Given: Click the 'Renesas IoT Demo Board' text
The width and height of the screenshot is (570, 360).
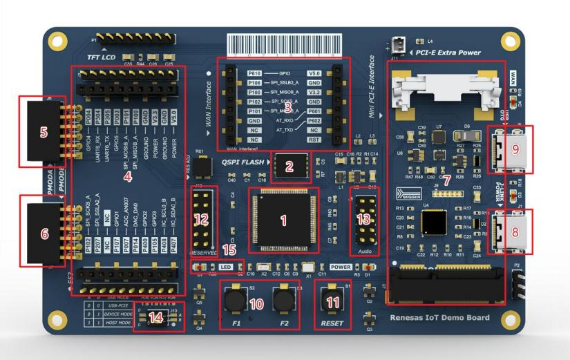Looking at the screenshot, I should pos(439,318).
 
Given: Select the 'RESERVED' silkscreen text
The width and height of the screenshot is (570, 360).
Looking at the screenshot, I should pos(203,254).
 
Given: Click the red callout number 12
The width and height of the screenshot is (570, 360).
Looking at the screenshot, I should pos(202,219).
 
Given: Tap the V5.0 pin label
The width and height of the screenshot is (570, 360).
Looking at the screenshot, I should pos(314,72).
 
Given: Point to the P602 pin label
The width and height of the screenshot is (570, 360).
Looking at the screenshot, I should pos(314,118).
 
